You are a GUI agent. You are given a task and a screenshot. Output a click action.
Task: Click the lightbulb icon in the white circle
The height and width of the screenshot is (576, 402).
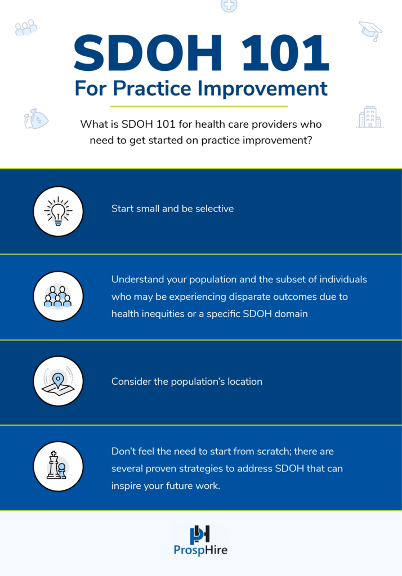58,211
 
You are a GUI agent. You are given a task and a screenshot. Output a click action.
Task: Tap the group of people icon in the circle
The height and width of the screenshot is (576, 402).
58,296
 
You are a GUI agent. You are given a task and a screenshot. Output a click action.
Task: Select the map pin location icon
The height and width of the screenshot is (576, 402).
58,381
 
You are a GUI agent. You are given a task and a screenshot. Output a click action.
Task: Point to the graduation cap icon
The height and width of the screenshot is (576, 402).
370,30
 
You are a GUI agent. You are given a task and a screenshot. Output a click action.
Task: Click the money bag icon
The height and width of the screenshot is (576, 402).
35,118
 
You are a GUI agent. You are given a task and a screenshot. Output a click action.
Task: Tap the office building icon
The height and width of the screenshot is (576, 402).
369,117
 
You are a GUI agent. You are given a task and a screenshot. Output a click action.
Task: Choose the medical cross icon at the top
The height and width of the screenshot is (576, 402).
229,5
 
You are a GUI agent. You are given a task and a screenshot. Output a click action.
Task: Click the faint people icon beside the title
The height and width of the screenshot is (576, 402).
26,28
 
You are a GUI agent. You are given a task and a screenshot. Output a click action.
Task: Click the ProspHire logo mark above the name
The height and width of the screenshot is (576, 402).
200,534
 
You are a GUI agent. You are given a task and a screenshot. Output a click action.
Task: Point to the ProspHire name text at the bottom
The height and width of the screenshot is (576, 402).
200,551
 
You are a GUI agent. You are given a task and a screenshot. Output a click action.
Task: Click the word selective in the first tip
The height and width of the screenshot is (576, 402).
215,209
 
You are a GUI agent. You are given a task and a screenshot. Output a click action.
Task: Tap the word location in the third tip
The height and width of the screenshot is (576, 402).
242,381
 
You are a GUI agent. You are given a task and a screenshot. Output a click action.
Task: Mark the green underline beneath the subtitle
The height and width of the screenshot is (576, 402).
199,106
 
